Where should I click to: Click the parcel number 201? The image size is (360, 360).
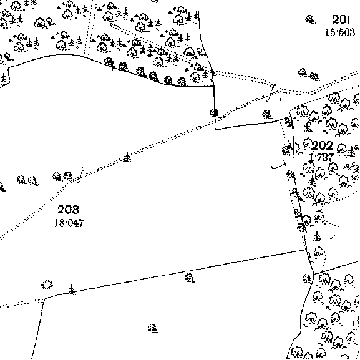coord(341,20)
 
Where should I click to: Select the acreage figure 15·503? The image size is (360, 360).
coord(340,32)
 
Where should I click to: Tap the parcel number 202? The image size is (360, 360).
coord(322,145)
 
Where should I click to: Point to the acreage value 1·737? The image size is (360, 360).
coord(321,158)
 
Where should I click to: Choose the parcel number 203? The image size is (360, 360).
coord(68,210)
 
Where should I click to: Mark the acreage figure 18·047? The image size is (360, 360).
coord(69,223)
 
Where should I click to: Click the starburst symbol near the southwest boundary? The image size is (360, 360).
coord(47,285)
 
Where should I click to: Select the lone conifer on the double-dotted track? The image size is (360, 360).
coord(127,157)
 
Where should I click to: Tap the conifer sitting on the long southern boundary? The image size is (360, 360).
coord(72,289)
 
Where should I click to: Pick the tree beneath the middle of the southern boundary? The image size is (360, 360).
coord(190,278)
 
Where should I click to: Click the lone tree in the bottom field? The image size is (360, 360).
coord(153,329)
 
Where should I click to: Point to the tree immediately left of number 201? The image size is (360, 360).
coord(311,19)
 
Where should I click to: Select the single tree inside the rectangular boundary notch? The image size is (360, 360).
coord(267,115)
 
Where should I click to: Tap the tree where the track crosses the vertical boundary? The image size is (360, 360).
coord(214,113)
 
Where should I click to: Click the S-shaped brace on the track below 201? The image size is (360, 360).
coord(271,92)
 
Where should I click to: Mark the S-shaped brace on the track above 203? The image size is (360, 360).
coord(80,175)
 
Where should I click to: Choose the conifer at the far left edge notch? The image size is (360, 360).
coord(4,78)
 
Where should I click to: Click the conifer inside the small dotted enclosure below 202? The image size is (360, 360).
coord(317,236)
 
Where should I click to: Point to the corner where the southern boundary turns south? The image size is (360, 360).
coord(44,298)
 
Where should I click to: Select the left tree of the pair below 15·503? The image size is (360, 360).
coord(303,72)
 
